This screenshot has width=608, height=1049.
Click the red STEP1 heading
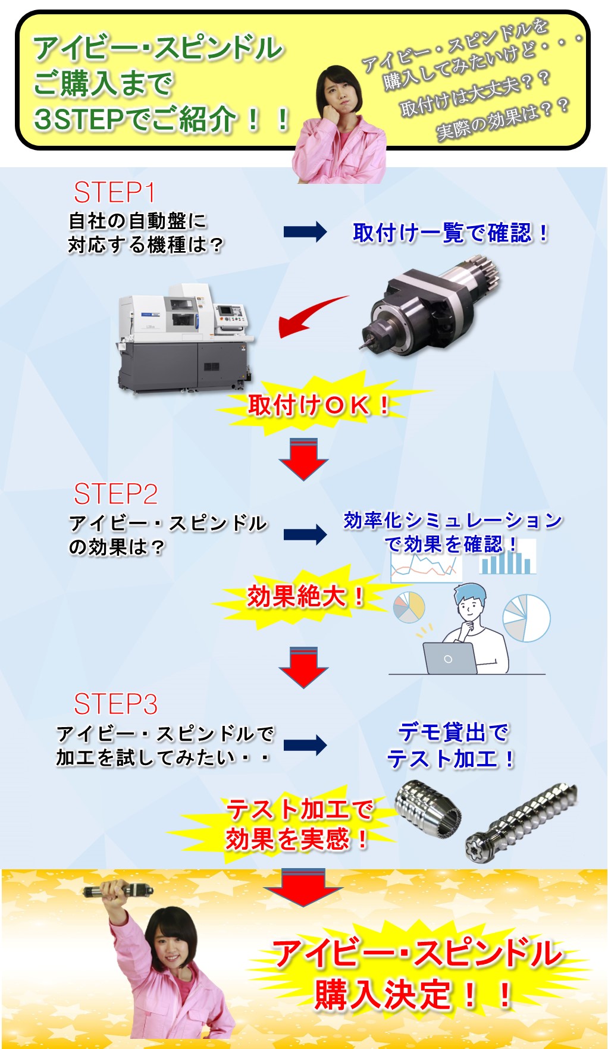coord(114,193)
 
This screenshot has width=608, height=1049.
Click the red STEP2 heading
coord(116,494)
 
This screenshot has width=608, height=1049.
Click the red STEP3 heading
coord(116,704)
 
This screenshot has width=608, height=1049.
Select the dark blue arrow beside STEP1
coord(305,231)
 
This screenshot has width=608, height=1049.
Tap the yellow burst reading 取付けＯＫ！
coord(319,405)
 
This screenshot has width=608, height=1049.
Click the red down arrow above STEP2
coord(303,459)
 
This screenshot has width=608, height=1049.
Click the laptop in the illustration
coord(449,658)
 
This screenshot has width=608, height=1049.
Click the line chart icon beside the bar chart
coord(425,566)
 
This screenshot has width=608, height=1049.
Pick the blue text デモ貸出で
coord(453,732)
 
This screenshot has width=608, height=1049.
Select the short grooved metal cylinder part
coord(428,808)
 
